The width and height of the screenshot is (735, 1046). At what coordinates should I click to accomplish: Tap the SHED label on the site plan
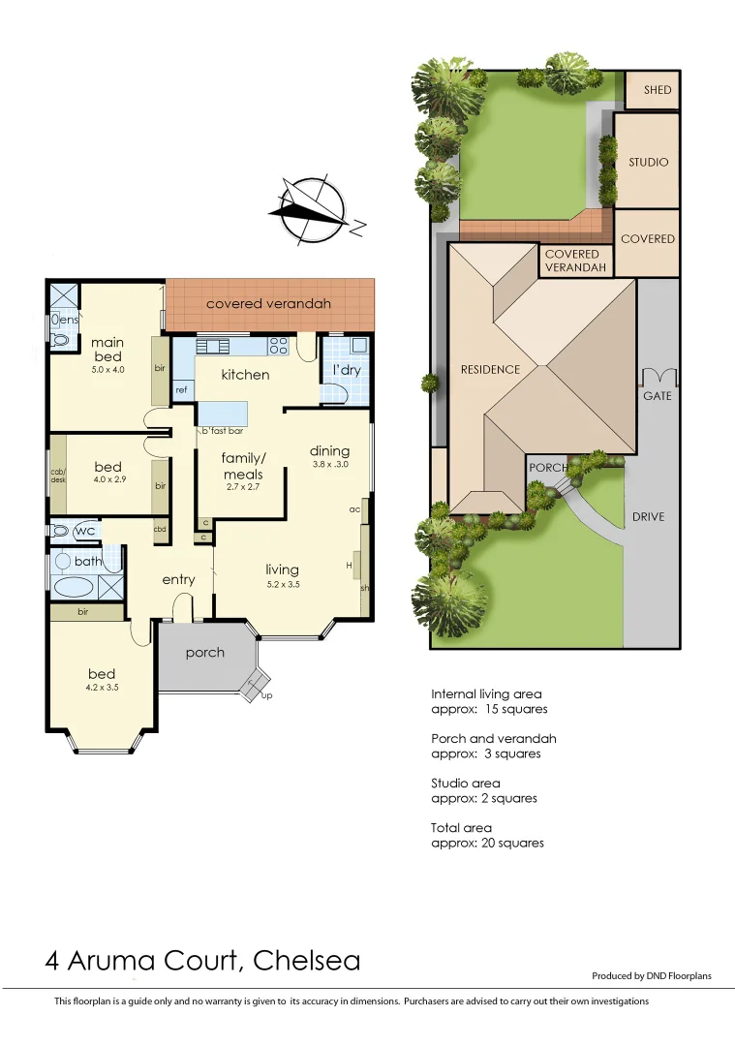pyautogui.click(x=658, y=90)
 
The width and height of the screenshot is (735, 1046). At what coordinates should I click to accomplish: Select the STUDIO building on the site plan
pyautogui.click(x=648, y=162)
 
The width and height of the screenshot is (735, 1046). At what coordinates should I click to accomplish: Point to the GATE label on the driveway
pyautogui.click(x=657, y=396)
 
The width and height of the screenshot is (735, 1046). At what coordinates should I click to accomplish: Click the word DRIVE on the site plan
pyautogui.click(x=648, y=516)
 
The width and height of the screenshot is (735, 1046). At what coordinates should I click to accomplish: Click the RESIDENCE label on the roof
pyautogui.click(x=490, y=369)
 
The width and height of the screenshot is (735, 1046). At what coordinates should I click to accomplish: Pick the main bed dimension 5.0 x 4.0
pyautogui.click(x=107, y=369)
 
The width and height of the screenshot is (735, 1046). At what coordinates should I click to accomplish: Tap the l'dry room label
pyautogui.click(x=347, y=371)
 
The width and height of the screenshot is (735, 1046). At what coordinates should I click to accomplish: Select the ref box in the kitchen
pyautogui.click(x=181, y=389)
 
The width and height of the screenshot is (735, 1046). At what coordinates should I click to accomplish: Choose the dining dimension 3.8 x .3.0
pyautogui.click(x=329, y=464)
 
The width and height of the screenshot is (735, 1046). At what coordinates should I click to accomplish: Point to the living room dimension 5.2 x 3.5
pyautogui.click(x=282, y=584)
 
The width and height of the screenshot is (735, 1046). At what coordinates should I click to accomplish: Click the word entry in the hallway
pyautogui.click(x=178, y=579)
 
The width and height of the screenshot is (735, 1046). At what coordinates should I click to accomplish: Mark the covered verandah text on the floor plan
pyautogui.click(x=268, y=303)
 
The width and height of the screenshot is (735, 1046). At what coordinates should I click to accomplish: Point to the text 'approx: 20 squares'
pyautogui.click(x=487, y=843)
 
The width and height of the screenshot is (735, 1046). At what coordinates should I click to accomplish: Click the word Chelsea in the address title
pyautogui.click(x=306, y=961)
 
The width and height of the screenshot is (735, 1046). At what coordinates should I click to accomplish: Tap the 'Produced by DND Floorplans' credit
pyautogui.click(x=651, y=975)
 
